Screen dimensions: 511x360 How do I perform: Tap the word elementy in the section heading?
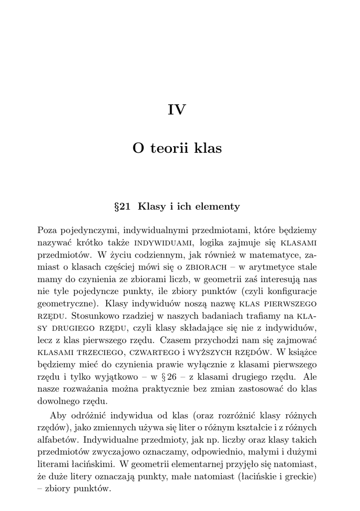(217, 207)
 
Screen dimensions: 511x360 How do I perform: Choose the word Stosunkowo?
(96, 315)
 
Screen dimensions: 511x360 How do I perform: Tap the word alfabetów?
(58, 440)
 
